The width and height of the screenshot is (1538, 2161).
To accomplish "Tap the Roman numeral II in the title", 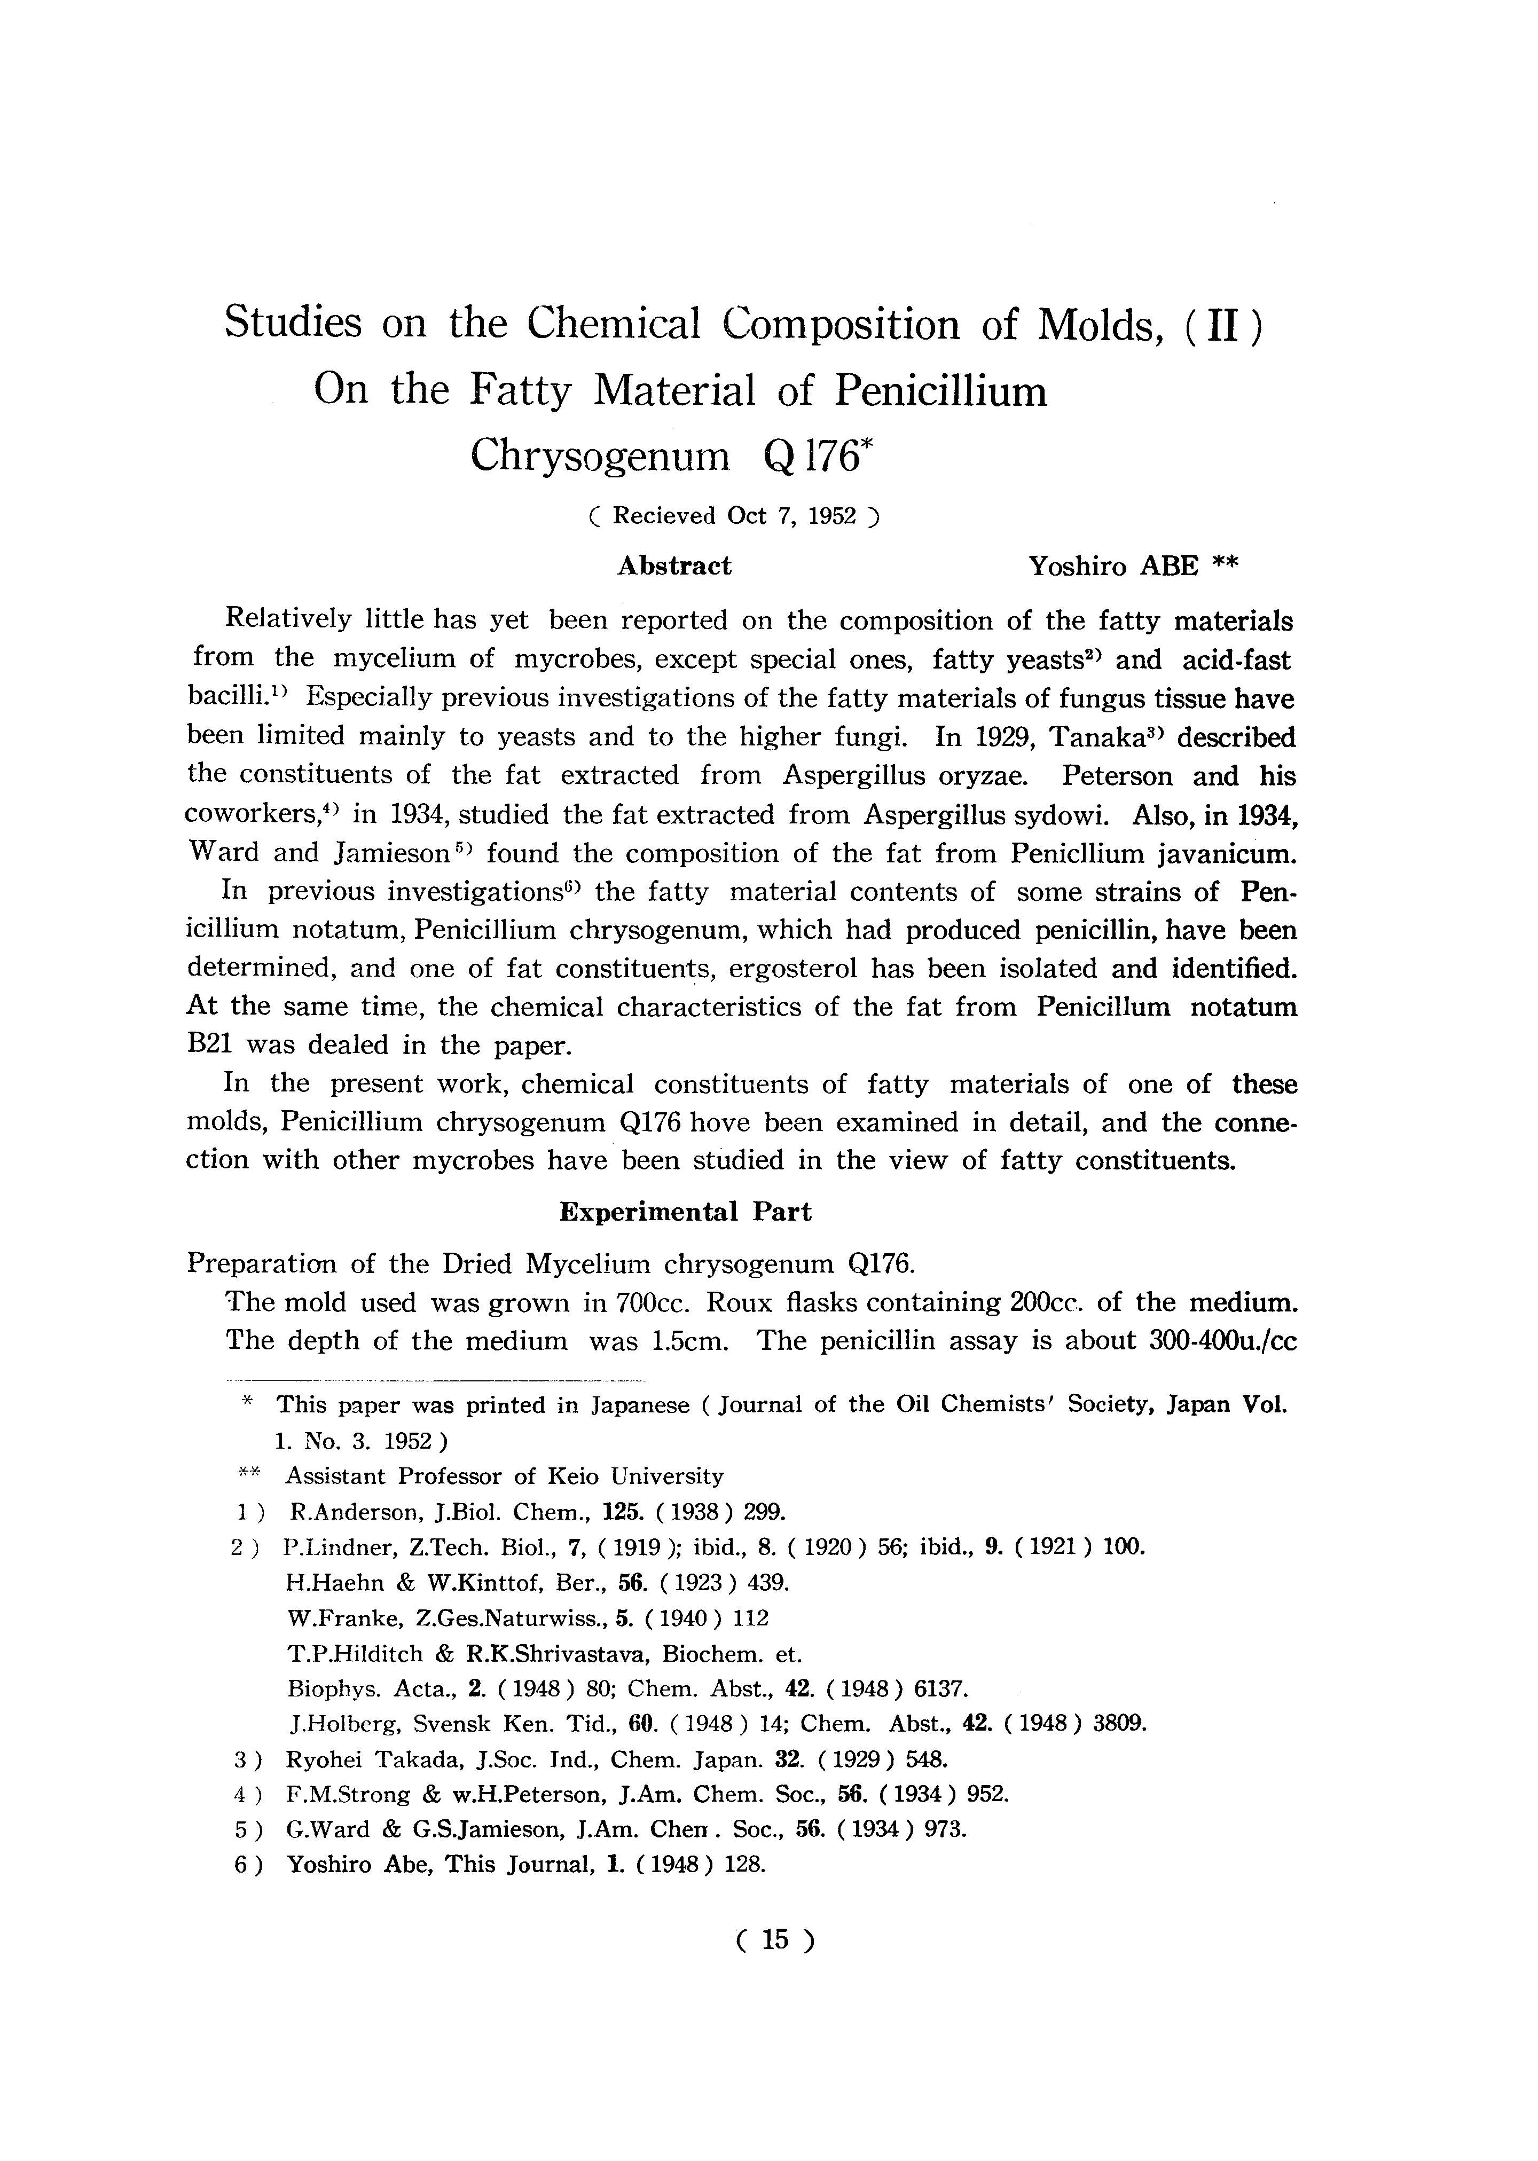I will tap(1223, 325).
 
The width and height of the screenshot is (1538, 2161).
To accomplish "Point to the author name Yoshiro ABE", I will tap(1114, 567).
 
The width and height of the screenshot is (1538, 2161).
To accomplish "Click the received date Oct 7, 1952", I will tap(792, 516).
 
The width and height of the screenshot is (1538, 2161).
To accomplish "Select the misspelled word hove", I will tap(721, 1123).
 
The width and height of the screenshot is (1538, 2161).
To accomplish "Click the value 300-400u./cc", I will tap(1220, 1341).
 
